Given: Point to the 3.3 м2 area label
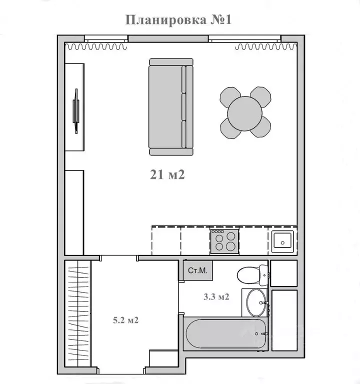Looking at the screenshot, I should [216, 297].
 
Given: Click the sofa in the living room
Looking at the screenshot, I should [170, 107].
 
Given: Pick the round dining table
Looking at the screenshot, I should [245, 112].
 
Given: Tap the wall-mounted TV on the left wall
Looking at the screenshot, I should [76, 110].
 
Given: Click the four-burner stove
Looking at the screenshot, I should [224, 240].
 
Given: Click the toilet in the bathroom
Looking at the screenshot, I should [252, 275].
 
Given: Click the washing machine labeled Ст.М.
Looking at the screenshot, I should [198, 270].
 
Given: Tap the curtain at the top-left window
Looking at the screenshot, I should [97, 47].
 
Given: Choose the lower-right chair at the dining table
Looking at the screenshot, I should [261, 127].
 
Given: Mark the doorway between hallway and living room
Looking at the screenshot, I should [119, 257].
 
